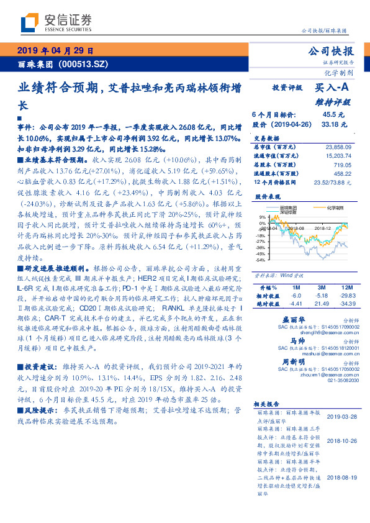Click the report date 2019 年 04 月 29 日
click(x=55, y=51)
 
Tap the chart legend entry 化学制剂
click(x=336, y=208)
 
